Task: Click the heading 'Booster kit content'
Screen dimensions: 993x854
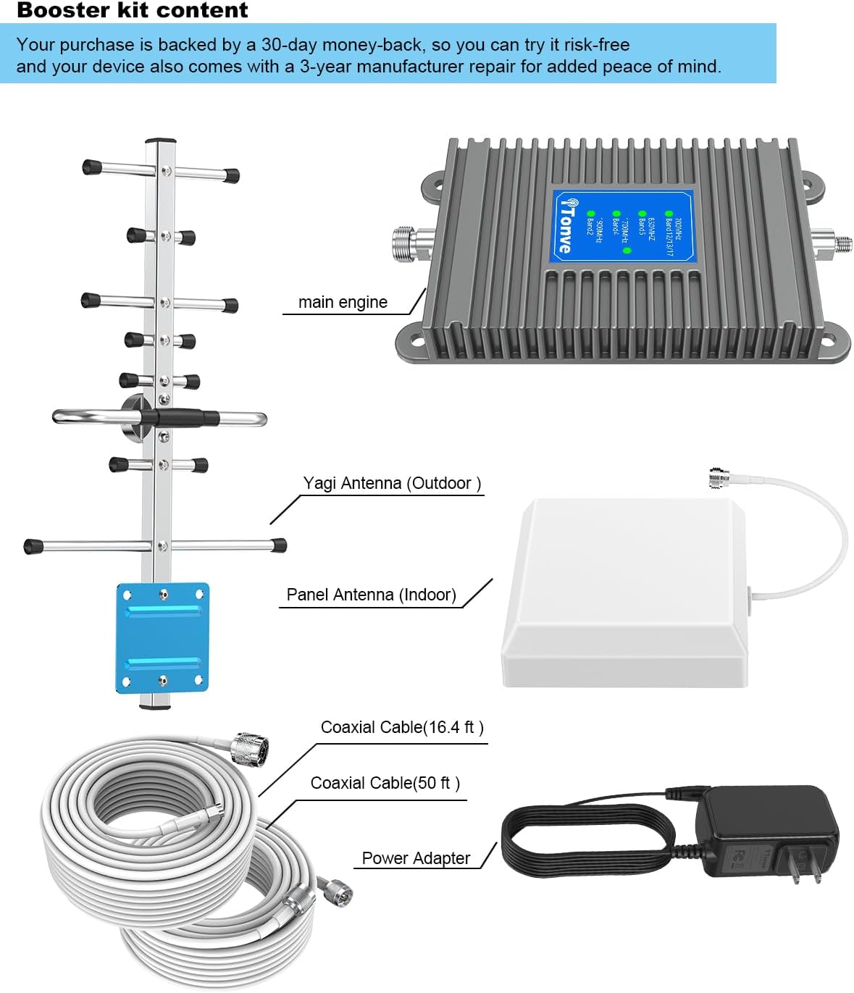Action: (x=132, y=11)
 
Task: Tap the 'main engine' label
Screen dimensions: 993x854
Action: (x=343, y=302)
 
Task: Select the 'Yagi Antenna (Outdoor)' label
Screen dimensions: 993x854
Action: (x=392, y=483)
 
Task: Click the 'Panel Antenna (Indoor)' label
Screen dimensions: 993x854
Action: (x=371, y=595)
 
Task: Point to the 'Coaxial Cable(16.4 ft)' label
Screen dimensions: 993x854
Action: (x=402, y=727)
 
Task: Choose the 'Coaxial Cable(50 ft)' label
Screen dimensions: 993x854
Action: (x=385, y=783)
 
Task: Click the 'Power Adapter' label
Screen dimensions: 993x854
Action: (x=416, y=858)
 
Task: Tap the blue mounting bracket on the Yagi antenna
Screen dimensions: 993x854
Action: (x=162, y=637)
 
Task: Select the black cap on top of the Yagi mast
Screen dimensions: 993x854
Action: (x=161, y=140)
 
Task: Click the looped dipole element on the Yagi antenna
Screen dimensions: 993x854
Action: (x=159, y=418)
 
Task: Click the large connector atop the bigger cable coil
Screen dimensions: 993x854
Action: (x=250, y=747)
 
